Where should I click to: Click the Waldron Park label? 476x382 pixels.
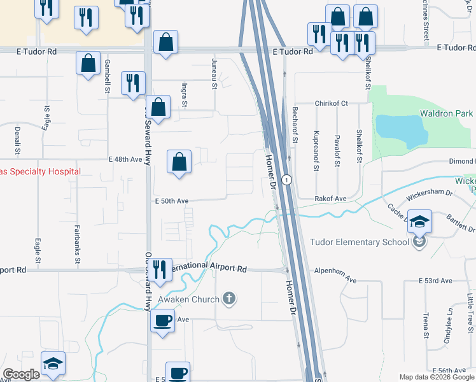446,113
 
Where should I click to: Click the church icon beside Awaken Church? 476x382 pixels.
229,298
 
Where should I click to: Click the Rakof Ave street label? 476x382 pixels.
330,199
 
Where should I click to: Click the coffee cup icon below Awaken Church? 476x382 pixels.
162,319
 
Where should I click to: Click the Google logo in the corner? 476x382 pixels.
22,374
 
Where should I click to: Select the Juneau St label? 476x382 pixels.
214,66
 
